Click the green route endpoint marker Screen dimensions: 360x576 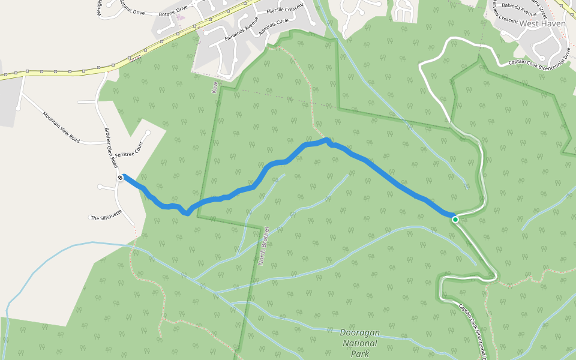(x=455, y=220)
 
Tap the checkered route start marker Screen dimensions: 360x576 (x=121, y=178)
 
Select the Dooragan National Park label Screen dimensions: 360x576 (x=359, y=343)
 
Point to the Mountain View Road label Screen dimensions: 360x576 (x=61, y=126)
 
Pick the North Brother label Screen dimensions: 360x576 (x=262, y=246)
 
